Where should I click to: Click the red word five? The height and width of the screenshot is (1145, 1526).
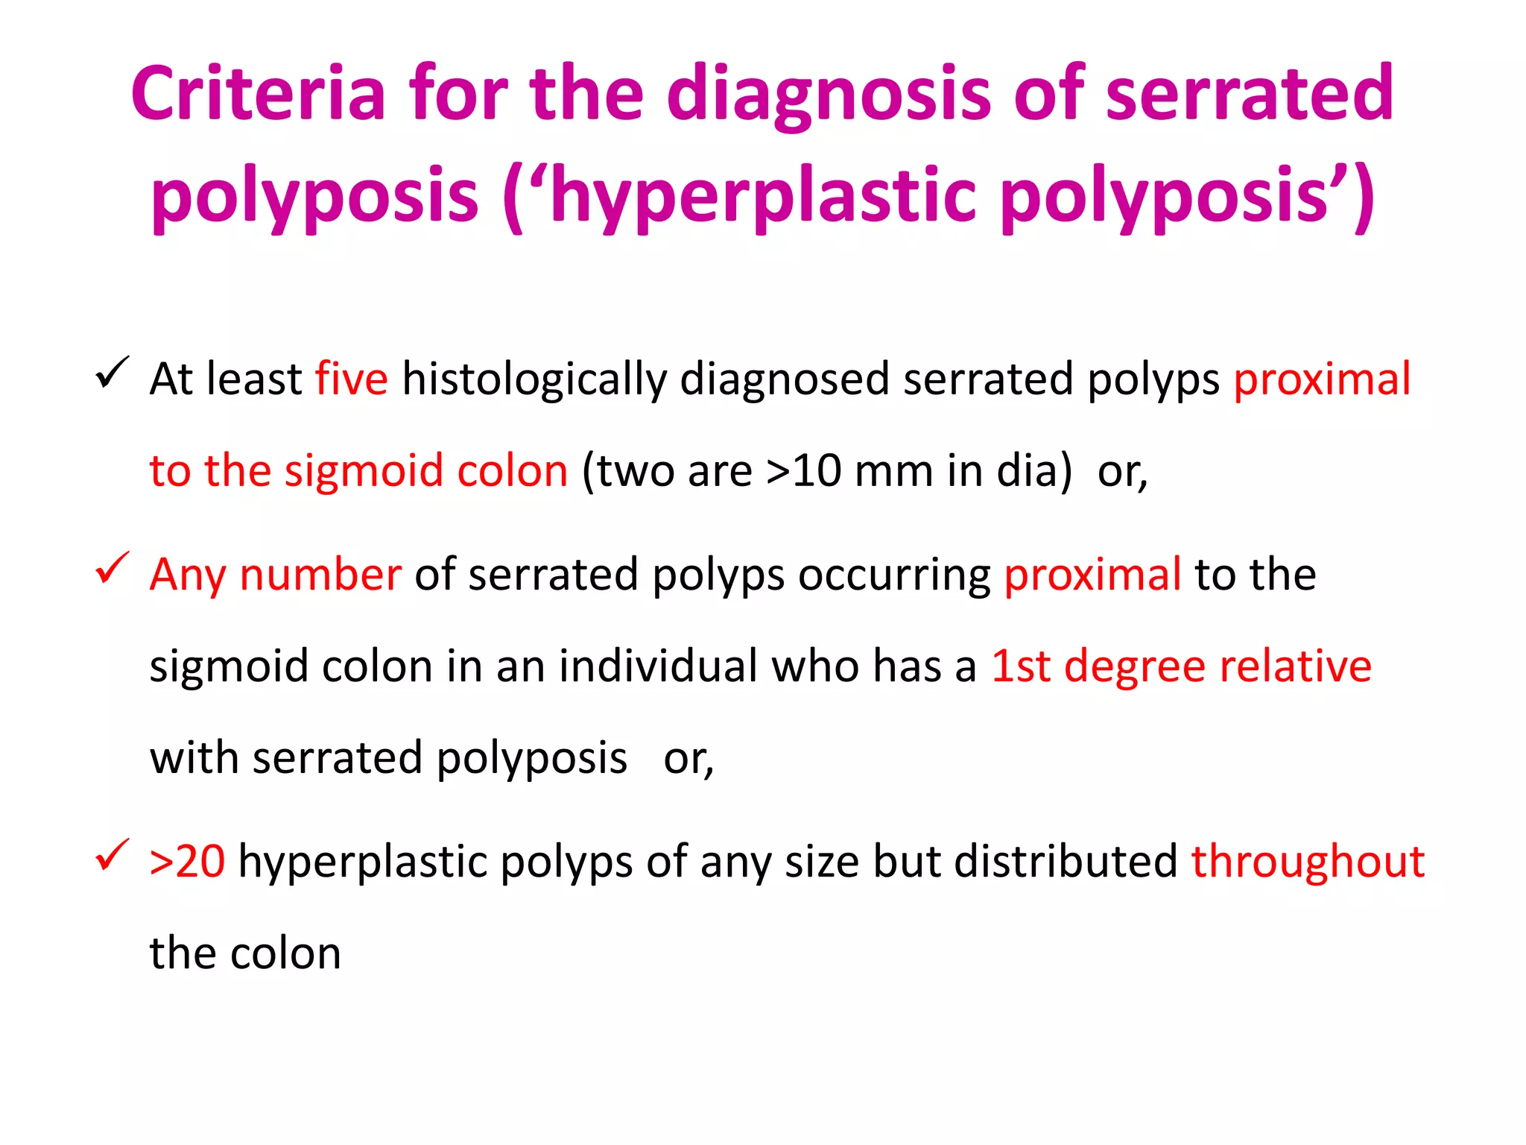pyautogui.click(x=351, y=379)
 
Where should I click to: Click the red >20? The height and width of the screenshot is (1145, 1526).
pyautogui.click(x=187, y=862)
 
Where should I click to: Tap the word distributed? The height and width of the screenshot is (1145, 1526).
pyautogui.click(x=1066, y=862)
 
